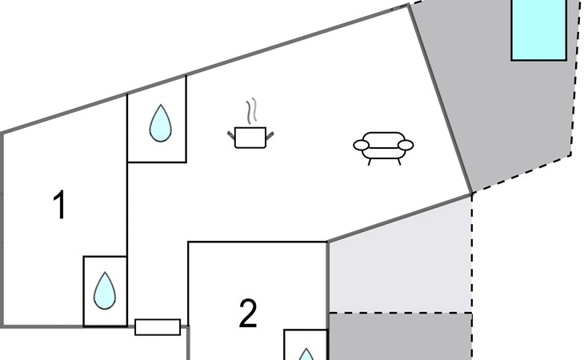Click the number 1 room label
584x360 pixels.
pyautogui.click(x=59, y=206)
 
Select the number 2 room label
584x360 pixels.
pyautogui.click(x=248, y=314)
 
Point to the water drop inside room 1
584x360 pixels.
pyautogui.click(x=104, y=290)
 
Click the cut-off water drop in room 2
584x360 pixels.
pyautogui.click(x=306, y=353)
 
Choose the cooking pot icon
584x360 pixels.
pyautogui.click(x=250, y=138)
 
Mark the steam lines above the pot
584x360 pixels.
pyautogui.click(x=254, y=111)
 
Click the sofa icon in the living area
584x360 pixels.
pyautogui.click(x=383, y=146)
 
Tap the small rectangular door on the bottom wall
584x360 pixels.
pyautogui.click(x=158, y=326)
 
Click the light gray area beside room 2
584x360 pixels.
pyautogui.click(x=400, y=264)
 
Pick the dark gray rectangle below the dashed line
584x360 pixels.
pyautogui.click(x=400, y=337)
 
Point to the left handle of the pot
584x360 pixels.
pyautogui.click(x=232, y=132)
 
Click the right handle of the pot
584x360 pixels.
pyautogui.click(x=270, y=132)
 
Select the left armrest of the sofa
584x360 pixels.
pyautogui.click(x=362, y=145)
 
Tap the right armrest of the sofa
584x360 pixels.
pyautogui.click(x=406, y=145)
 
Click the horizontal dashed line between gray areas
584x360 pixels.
pyautogui.click(x=400, y=313)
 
